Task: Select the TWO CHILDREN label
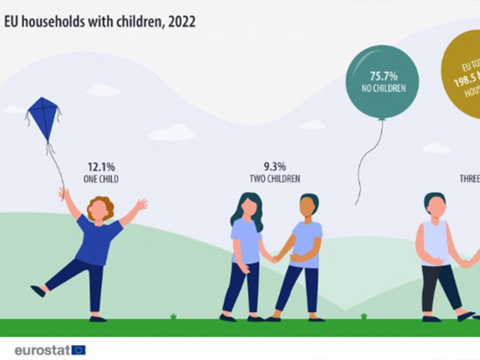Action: point(274,179)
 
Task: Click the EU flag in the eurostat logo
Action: point(78,350)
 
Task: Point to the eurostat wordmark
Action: point(42,350)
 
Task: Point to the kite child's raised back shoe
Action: point(38,291)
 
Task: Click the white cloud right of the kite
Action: point(172,132)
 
